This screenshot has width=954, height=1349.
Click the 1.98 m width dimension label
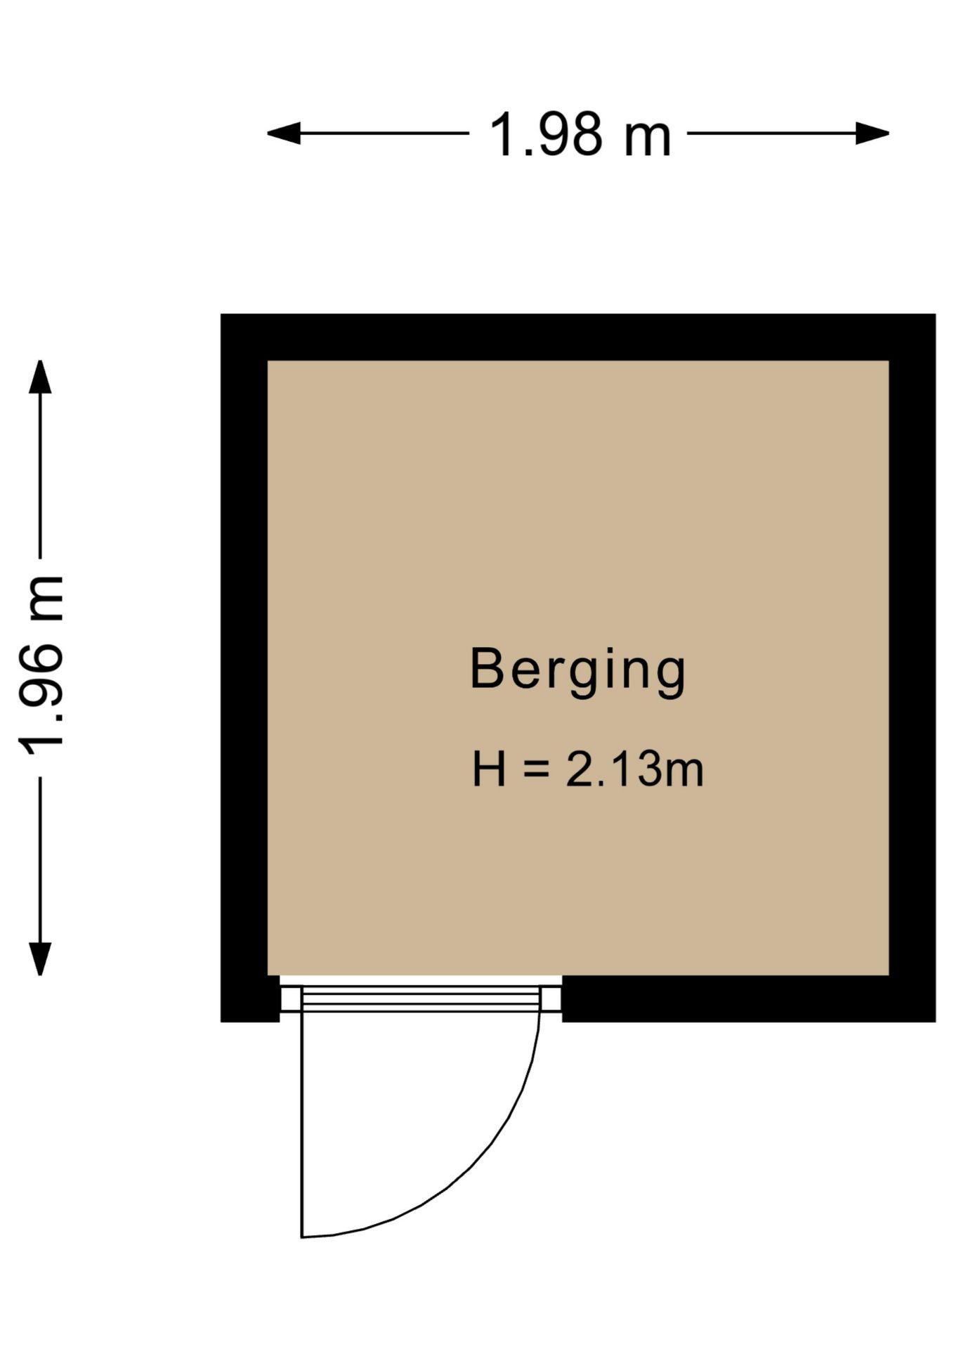point(580,134)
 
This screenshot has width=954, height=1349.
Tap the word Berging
point(577,671)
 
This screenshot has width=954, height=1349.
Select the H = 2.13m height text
point(587,769)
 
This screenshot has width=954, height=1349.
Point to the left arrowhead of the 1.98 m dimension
point(284,133)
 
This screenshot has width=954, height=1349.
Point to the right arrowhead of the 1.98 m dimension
point(873,133)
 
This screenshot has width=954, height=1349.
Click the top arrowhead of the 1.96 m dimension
point(40,377)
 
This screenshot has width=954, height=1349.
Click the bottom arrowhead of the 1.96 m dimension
point(40,958)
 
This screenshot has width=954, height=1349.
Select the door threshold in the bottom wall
point(421,998)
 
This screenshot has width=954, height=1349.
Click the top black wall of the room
point(578,337)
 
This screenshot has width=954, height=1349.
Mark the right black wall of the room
point(913,667)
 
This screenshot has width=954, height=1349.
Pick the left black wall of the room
point(244,667)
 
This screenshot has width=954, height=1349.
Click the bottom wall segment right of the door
point(749,998)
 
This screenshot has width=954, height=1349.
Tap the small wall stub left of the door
point(251,998)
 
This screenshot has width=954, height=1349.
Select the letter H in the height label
point(488,769)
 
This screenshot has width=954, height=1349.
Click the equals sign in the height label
point(535,771)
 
